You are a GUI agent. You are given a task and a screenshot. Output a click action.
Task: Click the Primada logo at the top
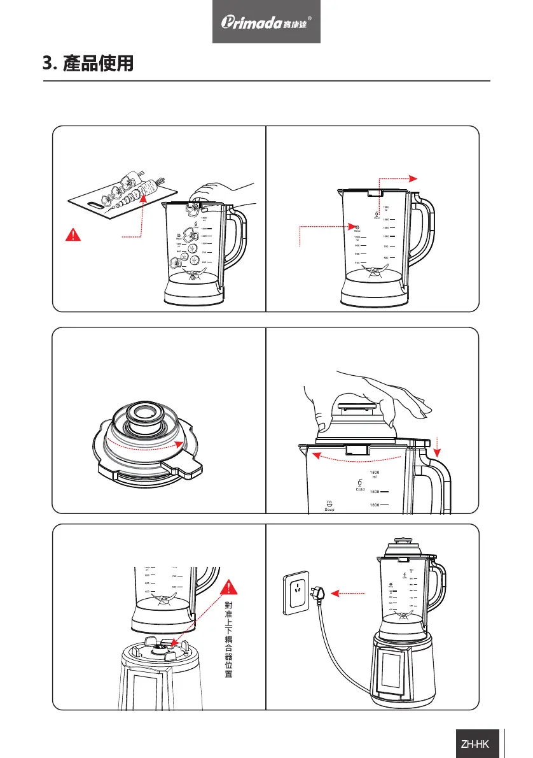(x=266, y=22)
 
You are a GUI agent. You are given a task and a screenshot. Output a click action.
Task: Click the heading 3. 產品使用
(x=88, y=64)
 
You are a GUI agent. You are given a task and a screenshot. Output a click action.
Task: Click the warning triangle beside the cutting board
(x=74, y=234)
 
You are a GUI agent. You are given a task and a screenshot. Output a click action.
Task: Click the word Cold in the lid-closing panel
(x=359, y=489)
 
